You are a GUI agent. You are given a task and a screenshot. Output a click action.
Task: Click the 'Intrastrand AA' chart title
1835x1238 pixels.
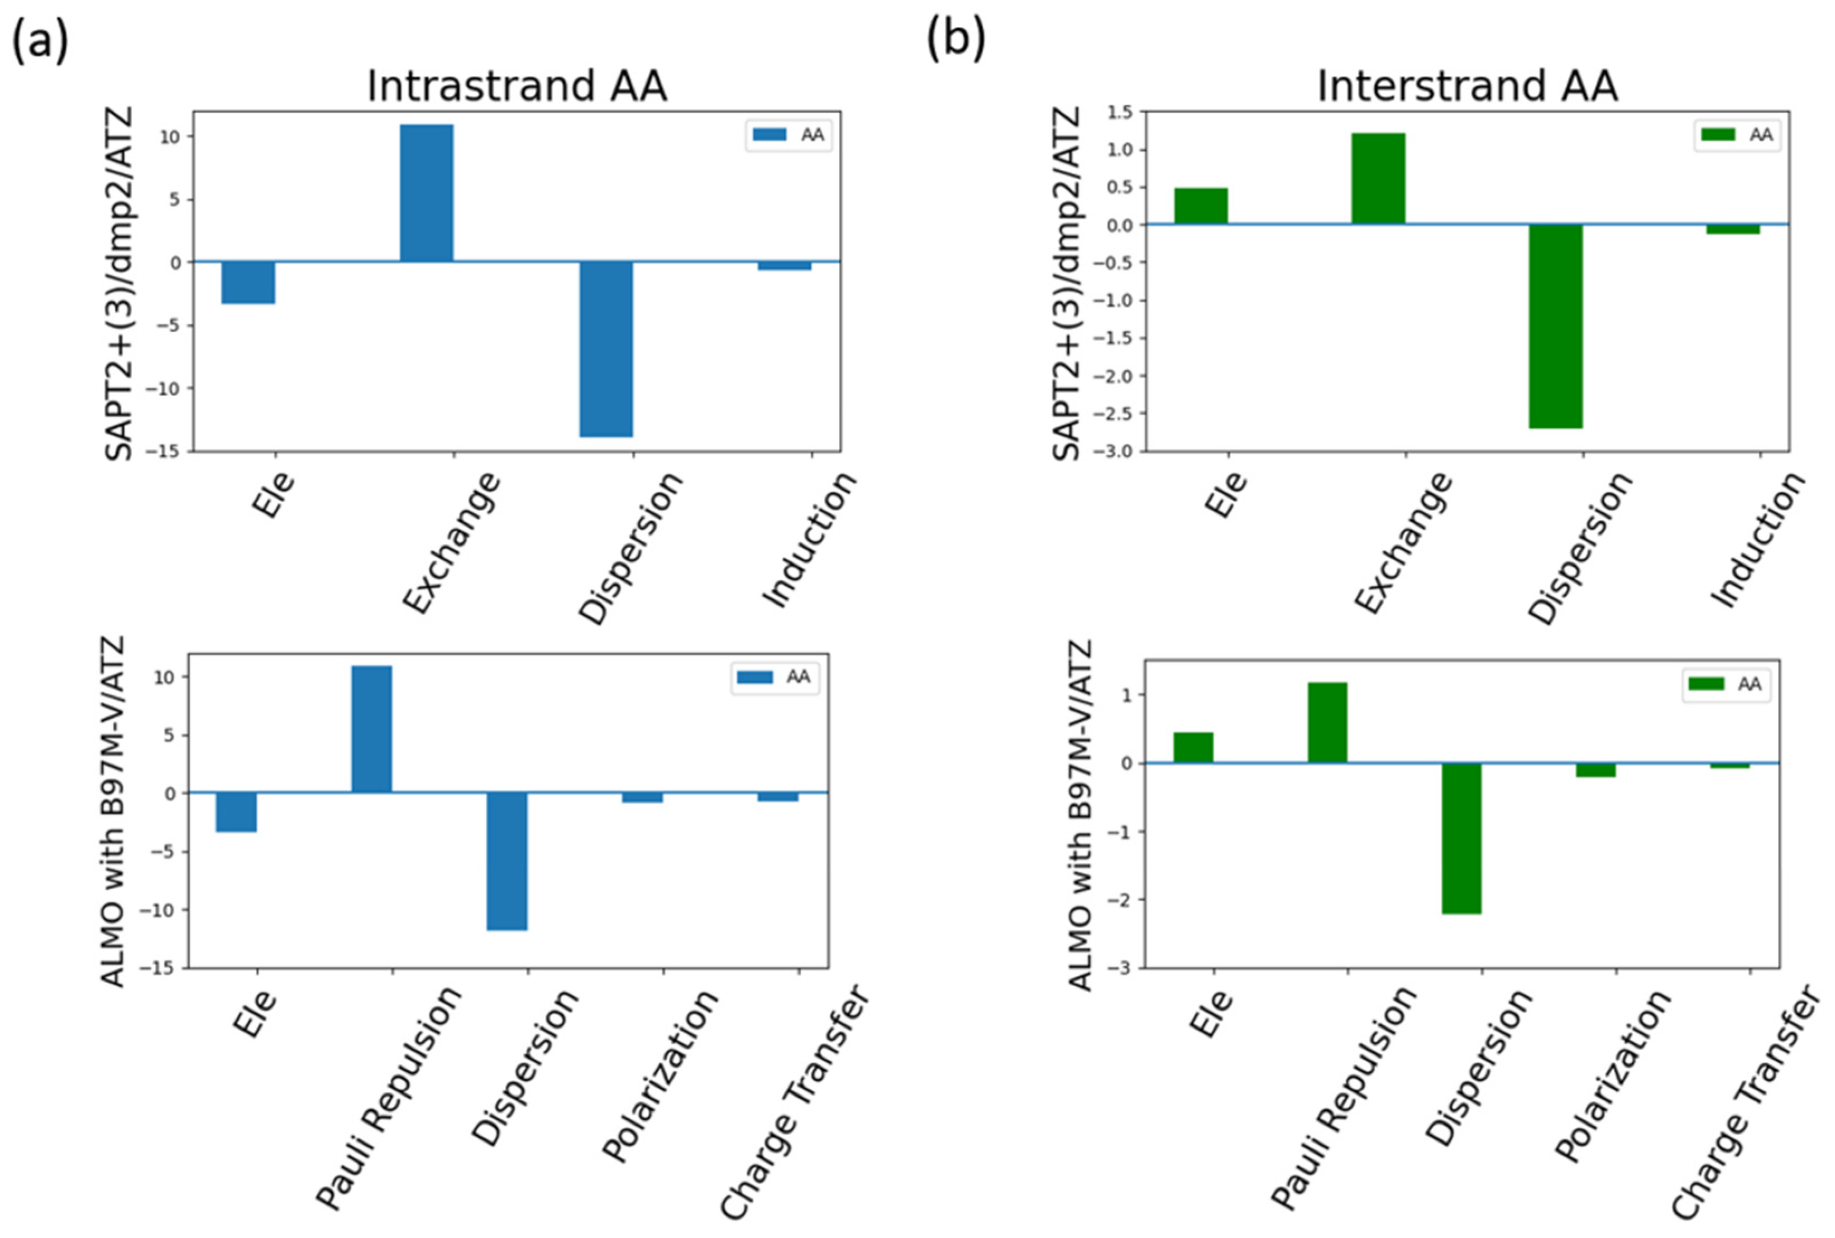(x=517, y=85)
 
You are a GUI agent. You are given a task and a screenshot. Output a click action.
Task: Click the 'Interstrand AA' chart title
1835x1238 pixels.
(x=1467, y=85)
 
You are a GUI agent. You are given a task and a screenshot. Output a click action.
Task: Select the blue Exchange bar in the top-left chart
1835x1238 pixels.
(x=427, y=193)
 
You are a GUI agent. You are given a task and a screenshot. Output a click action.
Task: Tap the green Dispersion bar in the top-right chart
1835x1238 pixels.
(x=1555, y=326)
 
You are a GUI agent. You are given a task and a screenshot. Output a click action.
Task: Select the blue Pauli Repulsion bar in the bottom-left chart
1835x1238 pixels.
(x=371, y=729)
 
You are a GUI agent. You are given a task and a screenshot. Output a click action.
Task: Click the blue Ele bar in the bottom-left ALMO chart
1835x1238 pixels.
(x=236, y=811)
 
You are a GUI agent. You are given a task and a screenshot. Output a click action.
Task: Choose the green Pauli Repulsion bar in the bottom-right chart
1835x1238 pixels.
(x=1327, y=723)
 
